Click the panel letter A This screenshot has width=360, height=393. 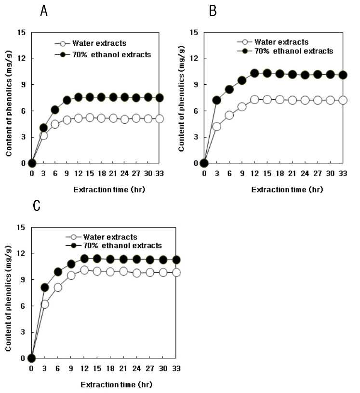[x=44, y=11]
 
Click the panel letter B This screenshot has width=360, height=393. [x=213, y=11]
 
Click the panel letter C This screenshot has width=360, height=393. [x=37, y=206]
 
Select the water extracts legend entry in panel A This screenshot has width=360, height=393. [x=91, y=43]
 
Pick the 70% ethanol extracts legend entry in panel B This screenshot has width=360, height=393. [x=285, y=51]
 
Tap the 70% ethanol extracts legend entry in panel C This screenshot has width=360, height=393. [x=114, y=245]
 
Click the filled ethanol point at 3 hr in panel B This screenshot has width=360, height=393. [x=217, y=101]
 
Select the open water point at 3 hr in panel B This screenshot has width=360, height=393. [x=217, y=127]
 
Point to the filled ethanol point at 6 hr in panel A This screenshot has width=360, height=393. [x=55, y=110]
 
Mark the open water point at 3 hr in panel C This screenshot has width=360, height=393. [x=45, y=304]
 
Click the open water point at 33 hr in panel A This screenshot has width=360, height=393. [x=160, y=119]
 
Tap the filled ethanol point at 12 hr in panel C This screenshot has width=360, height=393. [x=84, y=259]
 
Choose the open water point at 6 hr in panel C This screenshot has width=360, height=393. [x=58, y=288]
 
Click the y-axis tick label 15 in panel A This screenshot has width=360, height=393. [x=22, y=32]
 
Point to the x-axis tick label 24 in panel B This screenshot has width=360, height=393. [x=305, y=173]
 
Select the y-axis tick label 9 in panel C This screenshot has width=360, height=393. [x=23, y=279]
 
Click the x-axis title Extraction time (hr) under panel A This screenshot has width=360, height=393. [x=109, y=189]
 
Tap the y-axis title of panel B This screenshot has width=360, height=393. [x=182, y=99]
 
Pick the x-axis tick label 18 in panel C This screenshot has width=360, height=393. [x=110, y=368]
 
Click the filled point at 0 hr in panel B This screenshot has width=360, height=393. [x=204, y=163]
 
